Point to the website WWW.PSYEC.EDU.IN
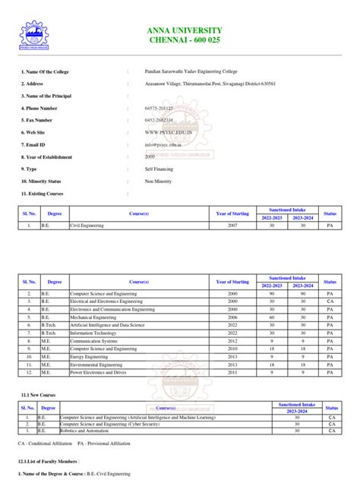(x=169, y=132)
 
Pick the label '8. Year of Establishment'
(x=46, y=157)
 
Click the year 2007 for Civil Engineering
(x=232, y=226)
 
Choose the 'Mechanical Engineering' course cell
(x=95, y=318)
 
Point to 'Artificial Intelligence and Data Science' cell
(x=109, y=326)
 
